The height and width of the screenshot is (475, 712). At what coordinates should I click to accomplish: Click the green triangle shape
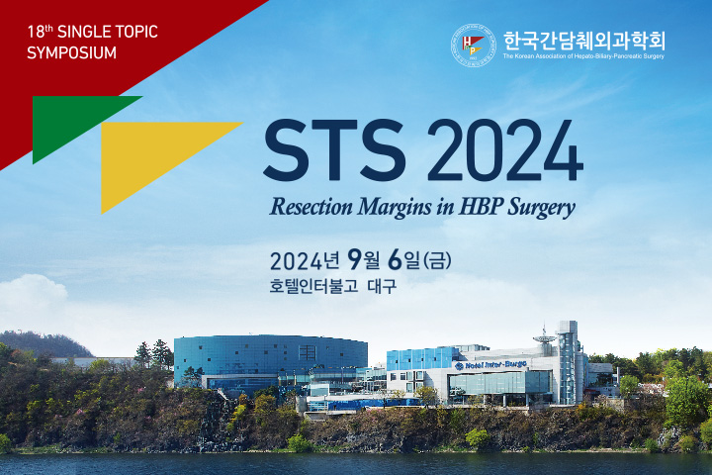[x=70, y=118]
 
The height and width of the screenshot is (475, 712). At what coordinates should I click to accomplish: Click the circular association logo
[x=473, y=45]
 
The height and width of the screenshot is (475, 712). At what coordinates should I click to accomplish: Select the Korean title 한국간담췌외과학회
[x=584, y=41]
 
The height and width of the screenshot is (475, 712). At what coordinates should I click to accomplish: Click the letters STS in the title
[x=335, y=150]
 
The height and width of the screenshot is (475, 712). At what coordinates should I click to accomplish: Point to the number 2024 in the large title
[x=505, y=150]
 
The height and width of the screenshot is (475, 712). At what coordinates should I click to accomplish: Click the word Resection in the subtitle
[x=311, y=207]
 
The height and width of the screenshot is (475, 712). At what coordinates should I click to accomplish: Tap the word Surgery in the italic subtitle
[x=542, y=208]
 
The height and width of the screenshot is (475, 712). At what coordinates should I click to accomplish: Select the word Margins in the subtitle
[x=395, y=208]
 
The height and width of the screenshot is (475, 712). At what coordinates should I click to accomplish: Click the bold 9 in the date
[x=355, y=260]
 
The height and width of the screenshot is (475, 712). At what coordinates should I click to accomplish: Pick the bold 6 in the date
[x=396, y=260]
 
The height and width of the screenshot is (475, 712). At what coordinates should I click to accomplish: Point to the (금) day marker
[x=437, y=260]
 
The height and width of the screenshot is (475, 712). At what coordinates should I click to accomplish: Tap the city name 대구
[x=382, y=286]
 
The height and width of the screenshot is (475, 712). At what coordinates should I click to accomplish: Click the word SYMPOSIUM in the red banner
[x=72, y=52]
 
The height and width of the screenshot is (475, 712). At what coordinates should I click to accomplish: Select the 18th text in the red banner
[x=40, y=32]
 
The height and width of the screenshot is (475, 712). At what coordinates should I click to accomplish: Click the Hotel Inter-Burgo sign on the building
[x=490, y=365]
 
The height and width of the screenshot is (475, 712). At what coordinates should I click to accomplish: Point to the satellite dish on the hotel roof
[x=545, y=337]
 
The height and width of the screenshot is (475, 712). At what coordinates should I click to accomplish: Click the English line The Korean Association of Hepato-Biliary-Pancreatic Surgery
[x=583, y=56]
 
